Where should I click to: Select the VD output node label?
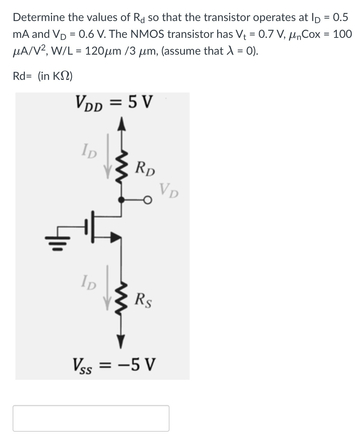[x=169, y=191]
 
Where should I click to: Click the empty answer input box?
[x=91, y=418]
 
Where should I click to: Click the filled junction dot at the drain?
[x=121, y=200]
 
